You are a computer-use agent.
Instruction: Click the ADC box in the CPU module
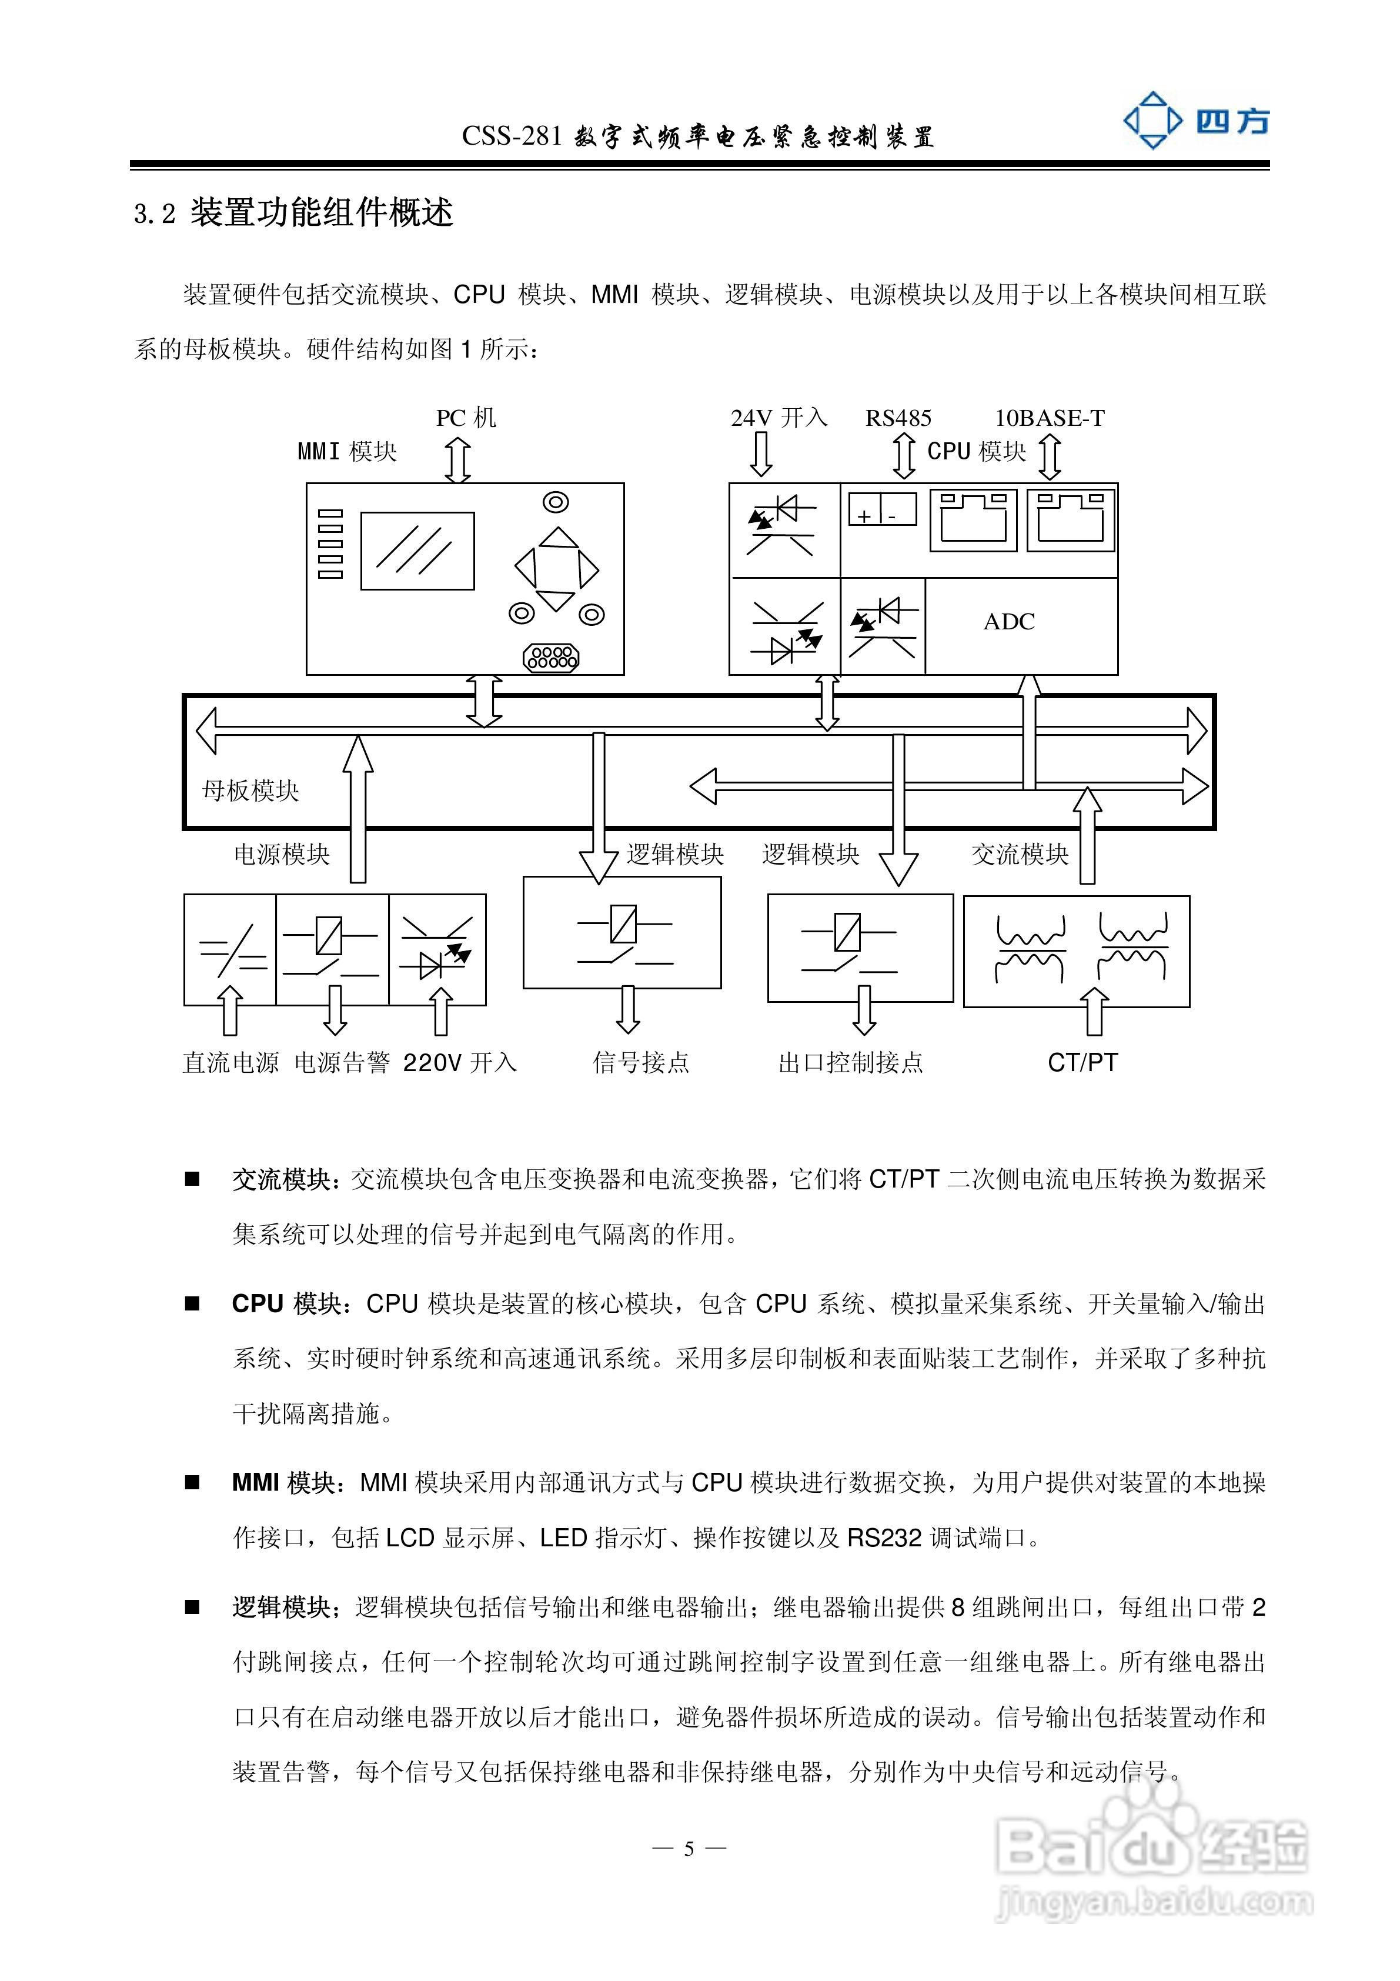coord(1009,621)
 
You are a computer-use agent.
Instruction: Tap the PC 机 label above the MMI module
coord(466,418)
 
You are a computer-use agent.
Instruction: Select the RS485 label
coord(898,418)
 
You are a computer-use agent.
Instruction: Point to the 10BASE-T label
coord(1050,418)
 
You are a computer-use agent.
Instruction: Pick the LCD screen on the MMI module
coord(417,551)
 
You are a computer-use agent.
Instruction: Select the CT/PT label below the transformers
coord(1082,1062)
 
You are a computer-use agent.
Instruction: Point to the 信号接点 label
coord(641,1062)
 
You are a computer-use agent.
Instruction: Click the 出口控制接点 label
coord(850,1062)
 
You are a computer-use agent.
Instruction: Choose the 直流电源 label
coord(230,1062)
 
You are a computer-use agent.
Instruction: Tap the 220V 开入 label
coord(460,1062)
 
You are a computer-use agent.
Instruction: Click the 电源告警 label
coord(342,1062)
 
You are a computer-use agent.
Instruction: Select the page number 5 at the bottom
coord(689,1849)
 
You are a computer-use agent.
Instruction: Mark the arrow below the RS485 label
coord(903,456)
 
